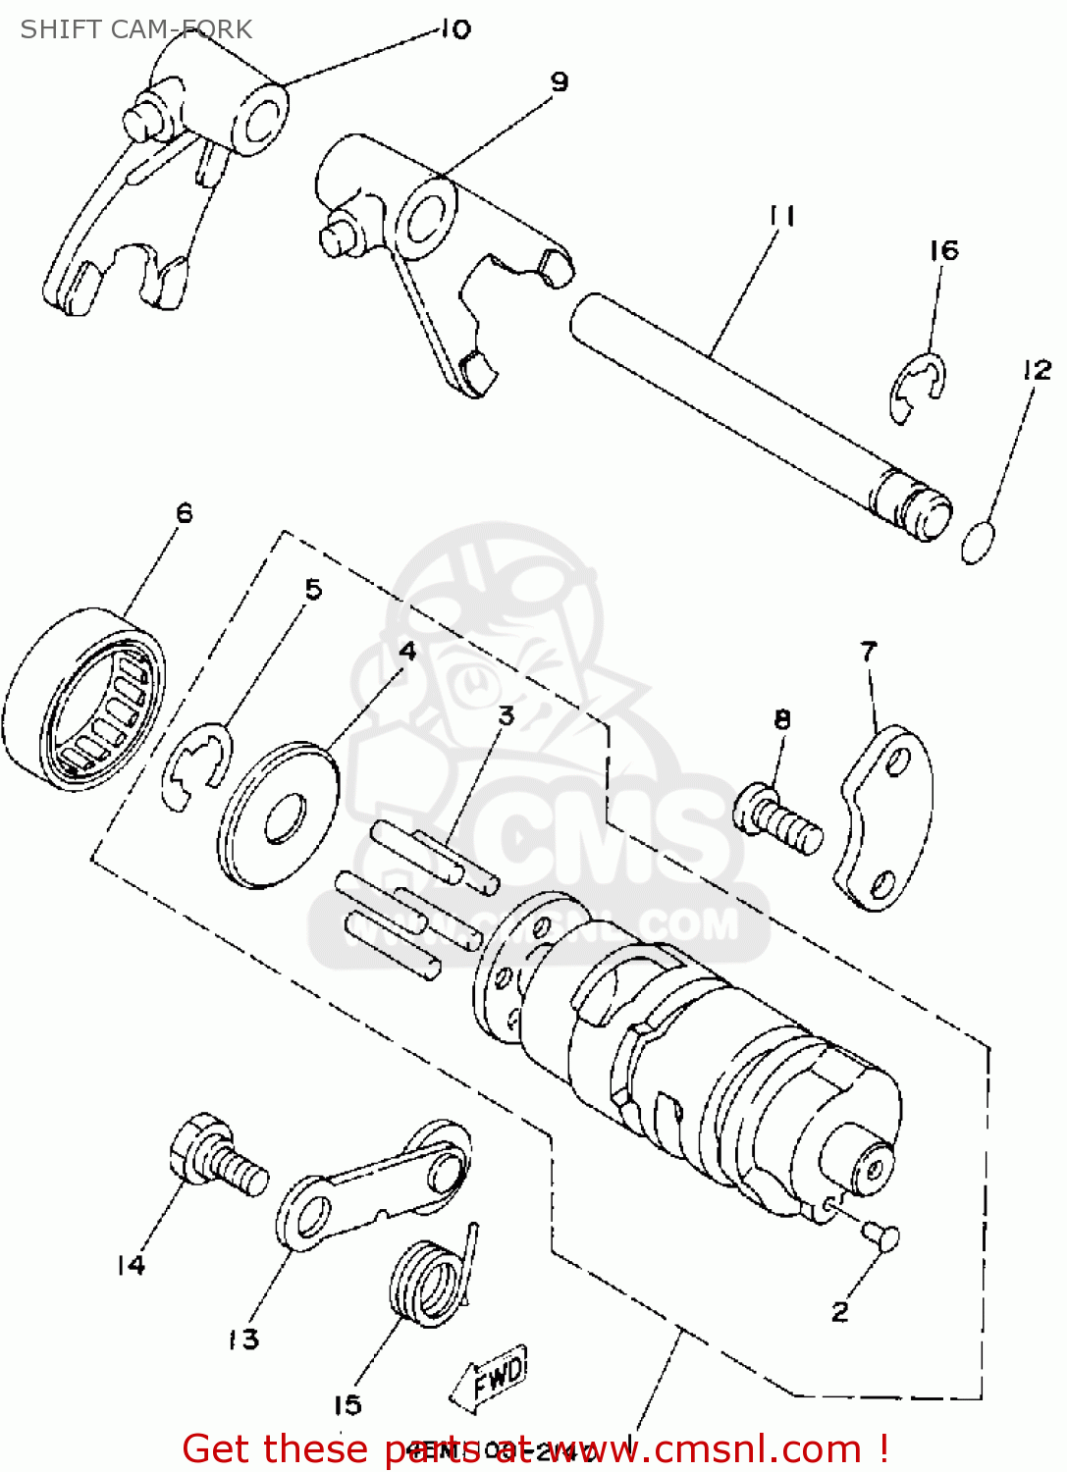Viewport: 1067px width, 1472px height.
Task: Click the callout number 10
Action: point(454,29)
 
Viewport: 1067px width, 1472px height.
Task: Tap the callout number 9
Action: point(560,81)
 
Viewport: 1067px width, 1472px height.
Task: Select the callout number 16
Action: point(943,251)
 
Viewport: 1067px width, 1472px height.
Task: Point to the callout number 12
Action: point(1037,370)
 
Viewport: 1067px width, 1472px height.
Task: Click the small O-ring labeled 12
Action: point(978,544)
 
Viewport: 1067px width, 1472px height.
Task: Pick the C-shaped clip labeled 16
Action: point(918,388)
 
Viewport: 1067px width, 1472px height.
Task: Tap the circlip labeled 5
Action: point(197,766)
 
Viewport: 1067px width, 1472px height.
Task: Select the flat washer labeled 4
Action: point(279,815)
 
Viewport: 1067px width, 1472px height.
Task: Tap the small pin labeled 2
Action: point(880,1235)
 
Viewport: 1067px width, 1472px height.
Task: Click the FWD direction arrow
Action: point(491,1378)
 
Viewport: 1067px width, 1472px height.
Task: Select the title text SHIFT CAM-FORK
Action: point(136,29)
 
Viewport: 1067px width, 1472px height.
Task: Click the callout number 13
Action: point(243,1339)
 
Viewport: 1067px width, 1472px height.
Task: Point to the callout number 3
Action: point(506,715)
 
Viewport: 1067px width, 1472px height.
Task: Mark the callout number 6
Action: point(185,513)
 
